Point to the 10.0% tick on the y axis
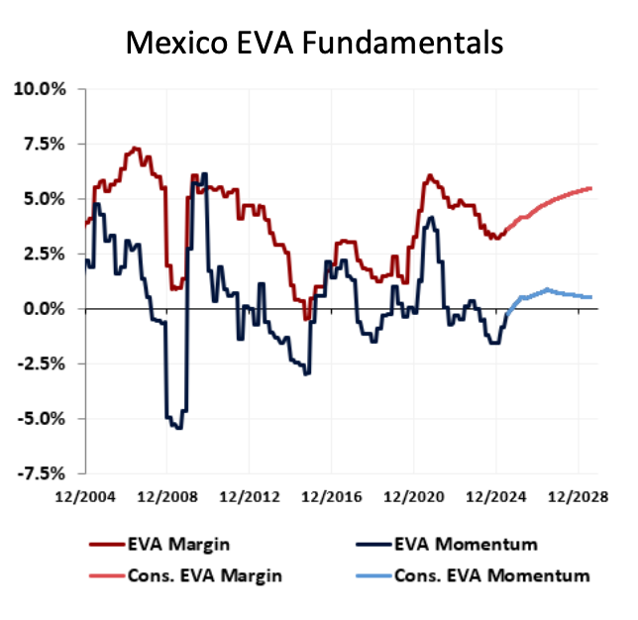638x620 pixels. tap(41, 89)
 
